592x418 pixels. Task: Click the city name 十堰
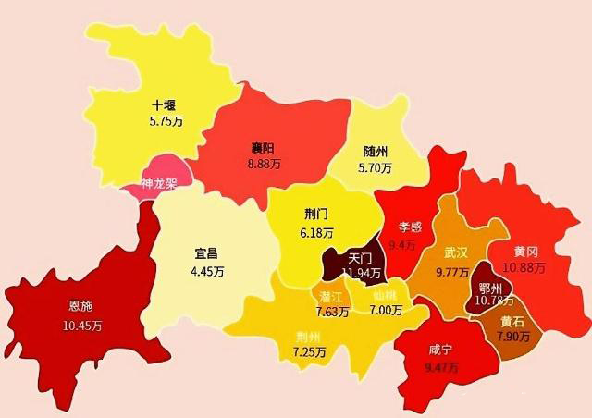(x=166, y=104)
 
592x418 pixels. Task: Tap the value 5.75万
(x=167, y=120)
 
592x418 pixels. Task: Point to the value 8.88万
(x=265, y=164)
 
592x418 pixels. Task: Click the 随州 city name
(x=376, y=153)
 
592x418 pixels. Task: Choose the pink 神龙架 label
(x=160, y=184)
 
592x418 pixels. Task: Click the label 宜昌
(x=207, y=254)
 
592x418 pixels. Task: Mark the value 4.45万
(x=207, y=271)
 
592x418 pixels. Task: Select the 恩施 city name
(x=80, y=305)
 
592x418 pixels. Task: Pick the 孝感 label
(x=411, y=227)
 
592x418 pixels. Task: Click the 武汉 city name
(x=455, y=252)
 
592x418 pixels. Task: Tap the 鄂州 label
(x=491, y=287)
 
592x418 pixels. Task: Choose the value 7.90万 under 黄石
(x=512, y=335)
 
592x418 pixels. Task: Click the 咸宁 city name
(x=441, y=350)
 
